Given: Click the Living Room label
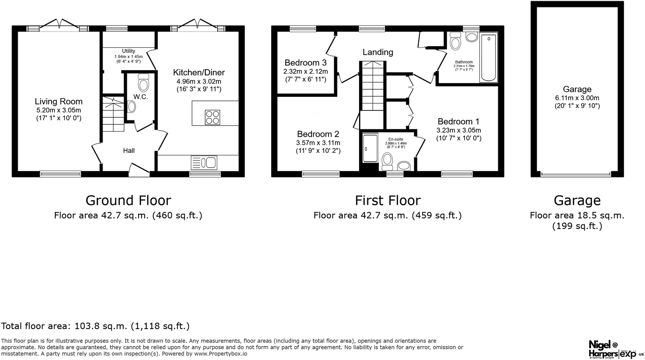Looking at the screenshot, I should coord(59,101).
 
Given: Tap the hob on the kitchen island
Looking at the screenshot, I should coord(212,117).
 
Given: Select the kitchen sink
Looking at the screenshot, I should coord(204,162).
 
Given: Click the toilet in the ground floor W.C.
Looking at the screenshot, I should coord(143,83).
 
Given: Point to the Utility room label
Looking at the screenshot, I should coord(128,51).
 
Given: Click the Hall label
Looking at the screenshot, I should coord(129,151).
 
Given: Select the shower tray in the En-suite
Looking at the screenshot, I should coord(370,148).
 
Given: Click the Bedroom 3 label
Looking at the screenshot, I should coord(305,63).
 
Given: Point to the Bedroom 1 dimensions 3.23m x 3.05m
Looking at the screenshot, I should coord(459,130).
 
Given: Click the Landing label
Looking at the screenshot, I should coord(378,52).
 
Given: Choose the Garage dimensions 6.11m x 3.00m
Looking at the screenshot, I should coord(577,98).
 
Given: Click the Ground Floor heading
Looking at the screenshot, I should coord(128,201).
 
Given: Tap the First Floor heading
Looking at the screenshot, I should coord(387,201).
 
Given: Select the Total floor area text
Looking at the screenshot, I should coord(95,326).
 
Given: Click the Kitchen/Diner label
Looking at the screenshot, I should coord(199,72).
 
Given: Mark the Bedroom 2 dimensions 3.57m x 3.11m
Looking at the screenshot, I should coord(318,143).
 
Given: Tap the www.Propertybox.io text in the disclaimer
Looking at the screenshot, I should coord(220,354).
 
